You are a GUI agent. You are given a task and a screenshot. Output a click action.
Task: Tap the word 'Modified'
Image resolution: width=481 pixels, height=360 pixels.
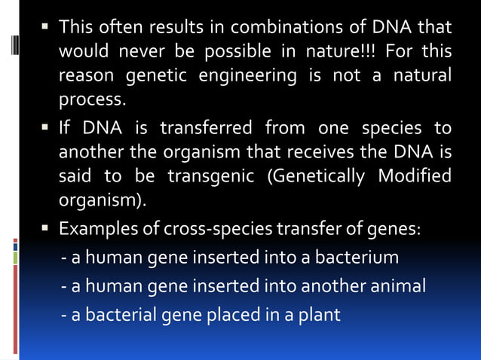coord(418,176)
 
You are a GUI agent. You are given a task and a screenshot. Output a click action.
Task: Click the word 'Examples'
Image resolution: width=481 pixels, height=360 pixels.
coord(95,227)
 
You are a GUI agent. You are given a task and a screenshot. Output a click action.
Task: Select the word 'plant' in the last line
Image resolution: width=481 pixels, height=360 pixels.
coord(321,314)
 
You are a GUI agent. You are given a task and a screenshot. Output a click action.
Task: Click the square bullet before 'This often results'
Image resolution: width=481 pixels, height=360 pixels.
coord(46,29)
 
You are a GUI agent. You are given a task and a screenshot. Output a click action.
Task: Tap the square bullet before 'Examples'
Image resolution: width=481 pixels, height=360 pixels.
coord(46,227)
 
